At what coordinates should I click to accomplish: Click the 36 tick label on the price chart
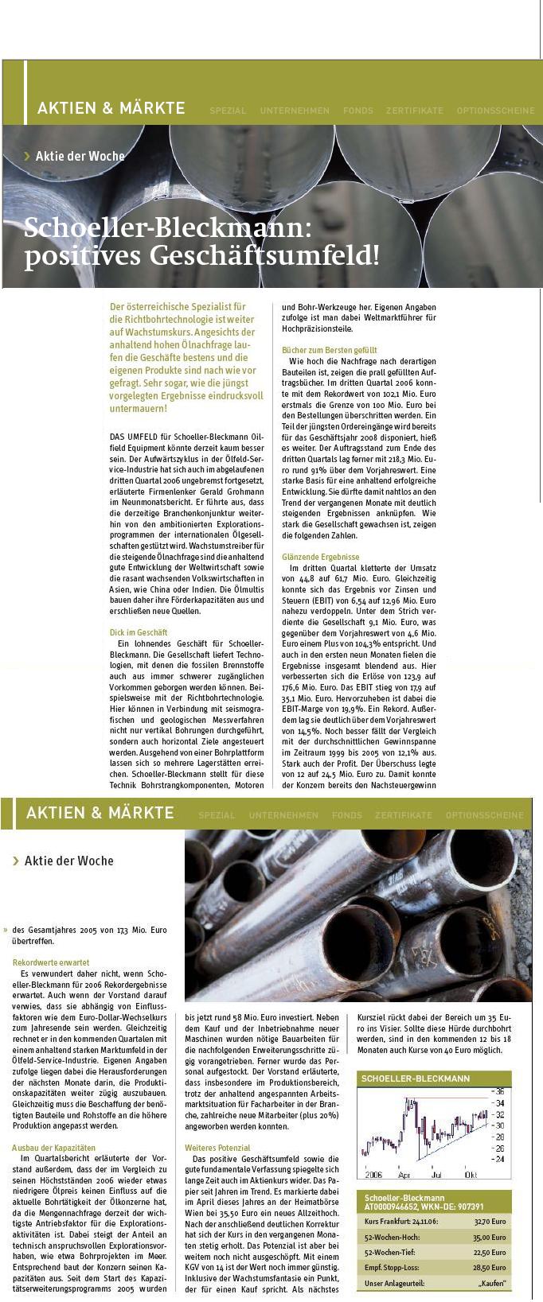[x=500, y=1091]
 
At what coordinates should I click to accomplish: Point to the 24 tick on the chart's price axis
[x=500, y=1159]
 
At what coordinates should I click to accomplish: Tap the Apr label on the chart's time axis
[x=404, y=1174]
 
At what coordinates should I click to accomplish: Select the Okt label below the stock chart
[x=471, y=1174]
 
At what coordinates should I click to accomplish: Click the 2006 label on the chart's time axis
[x=373, y=1174]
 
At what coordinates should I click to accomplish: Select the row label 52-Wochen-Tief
[x=392, y=1252]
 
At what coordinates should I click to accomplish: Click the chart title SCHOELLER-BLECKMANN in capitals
[x=416, y=1079]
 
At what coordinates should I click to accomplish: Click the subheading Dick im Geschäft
[x=138, y=632]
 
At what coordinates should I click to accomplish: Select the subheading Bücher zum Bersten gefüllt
[x=329, y=350]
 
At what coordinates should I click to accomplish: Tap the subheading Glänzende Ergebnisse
[x=320, y=558]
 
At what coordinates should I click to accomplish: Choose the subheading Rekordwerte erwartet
[x=51, y=962]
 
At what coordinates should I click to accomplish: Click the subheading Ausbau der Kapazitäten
[x=53, y=1148]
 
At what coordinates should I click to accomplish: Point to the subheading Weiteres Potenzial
[x=217, y=1148]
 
